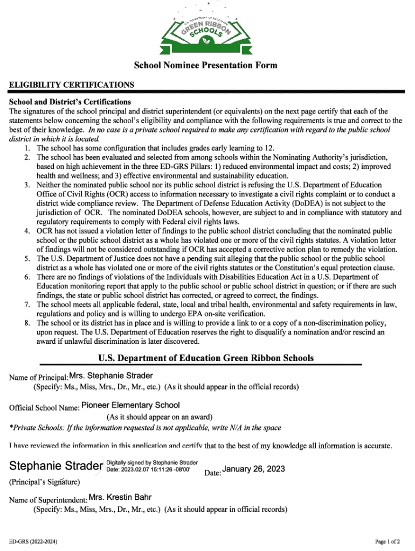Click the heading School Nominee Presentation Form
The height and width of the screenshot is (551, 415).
pyautogui.click(x=205, y=66)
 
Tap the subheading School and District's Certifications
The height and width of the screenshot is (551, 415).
pyautogui.click(x=70, y=102)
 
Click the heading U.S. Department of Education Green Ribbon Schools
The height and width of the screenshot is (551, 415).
pyautogui.click(x=206, y=358)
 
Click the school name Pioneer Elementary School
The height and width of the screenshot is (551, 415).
pyautogui.click(x=130, y=405)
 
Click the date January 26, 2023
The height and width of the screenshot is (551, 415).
pyautogui.click(x=253, y=469)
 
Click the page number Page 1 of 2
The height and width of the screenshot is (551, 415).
pyautogui.click(x=387, y=541)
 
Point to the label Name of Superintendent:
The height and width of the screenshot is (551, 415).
pyautogui.click(x=48, y=500)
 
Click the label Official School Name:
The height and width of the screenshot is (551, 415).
pyautogui.click(x=44, y=408)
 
